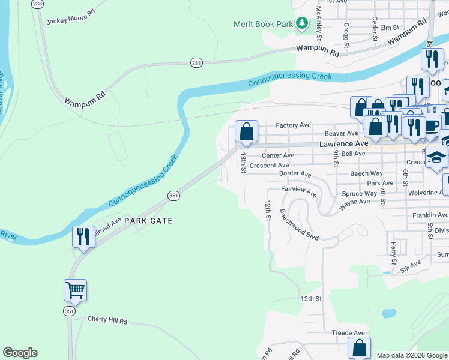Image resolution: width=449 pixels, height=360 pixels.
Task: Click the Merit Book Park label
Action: tap(262, 24)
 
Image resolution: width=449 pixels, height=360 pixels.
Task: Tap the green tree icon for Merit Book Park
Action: tap(302, 24)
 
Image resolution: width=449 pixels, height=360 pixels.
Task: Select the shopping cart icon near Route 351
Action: tap(76, 290)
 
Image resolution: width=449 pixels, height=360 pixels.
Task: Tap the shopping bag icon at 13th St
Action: tap(247, 131)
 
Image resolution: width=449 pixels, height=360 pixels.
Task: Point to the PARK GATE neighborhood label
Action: tap(148, 221)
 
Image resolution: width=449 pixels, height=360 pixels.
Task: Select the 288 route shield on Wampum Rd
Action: tap(196, 62)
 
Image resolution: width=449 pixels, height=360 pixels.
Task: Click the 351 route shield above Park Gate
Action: tap(173, 196)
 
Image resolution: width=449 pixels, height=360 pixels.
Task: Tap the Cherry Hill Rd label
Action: tap(107, 320)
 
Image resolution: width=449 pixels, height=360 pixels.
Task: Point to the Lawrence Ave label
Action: tap(343, 144)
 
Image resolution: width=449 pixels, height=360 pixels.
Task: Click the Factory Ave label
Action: tap(293, 125)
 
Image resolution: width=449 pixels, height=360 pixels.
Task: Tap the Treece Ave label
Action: tap(348, 333)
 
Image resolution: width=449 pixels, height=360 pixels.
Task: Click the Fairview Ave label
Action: tap(299, 191)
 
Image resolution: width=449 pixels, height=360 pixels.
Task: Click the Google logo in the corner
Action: tap(20, 353)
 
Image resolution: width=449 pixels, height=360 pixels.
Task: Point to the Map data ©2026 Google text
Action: tap(411, 355)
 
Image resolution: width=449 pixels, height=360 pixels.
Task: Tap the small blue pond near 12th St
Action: tap(388, 313)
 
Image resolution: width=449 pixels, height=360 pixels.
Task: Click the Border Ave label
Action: tap(295, 174)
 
